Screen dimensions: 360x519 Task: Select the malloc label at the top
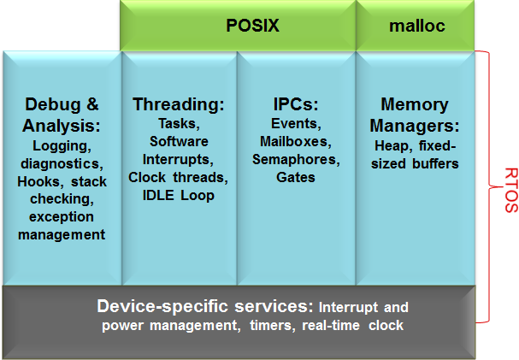click(416, 26)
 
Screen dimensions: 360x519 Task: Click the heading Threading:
click(179, 105)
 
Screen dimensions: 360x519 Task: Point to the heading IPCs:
click(297, 105)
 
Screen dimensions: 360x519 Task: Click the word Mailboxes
click(295, 141)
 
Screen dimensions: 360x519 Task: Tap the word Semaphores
click(295, 159)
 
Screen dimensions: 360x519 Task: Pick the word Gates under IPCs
click(296, 177)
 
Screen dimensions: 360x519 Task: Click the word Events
click(294, 123)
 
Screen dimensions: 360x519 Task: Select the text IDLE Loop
click(179, 195)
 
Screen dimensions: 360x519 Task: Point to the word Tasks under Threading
click(178, 123)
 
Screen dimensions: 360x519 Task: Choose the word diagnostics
click(61, 164)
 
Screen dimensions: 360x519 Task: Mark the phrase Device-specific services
click(204, 307)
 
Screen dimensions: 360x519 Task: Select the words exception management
click(61, 226)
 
